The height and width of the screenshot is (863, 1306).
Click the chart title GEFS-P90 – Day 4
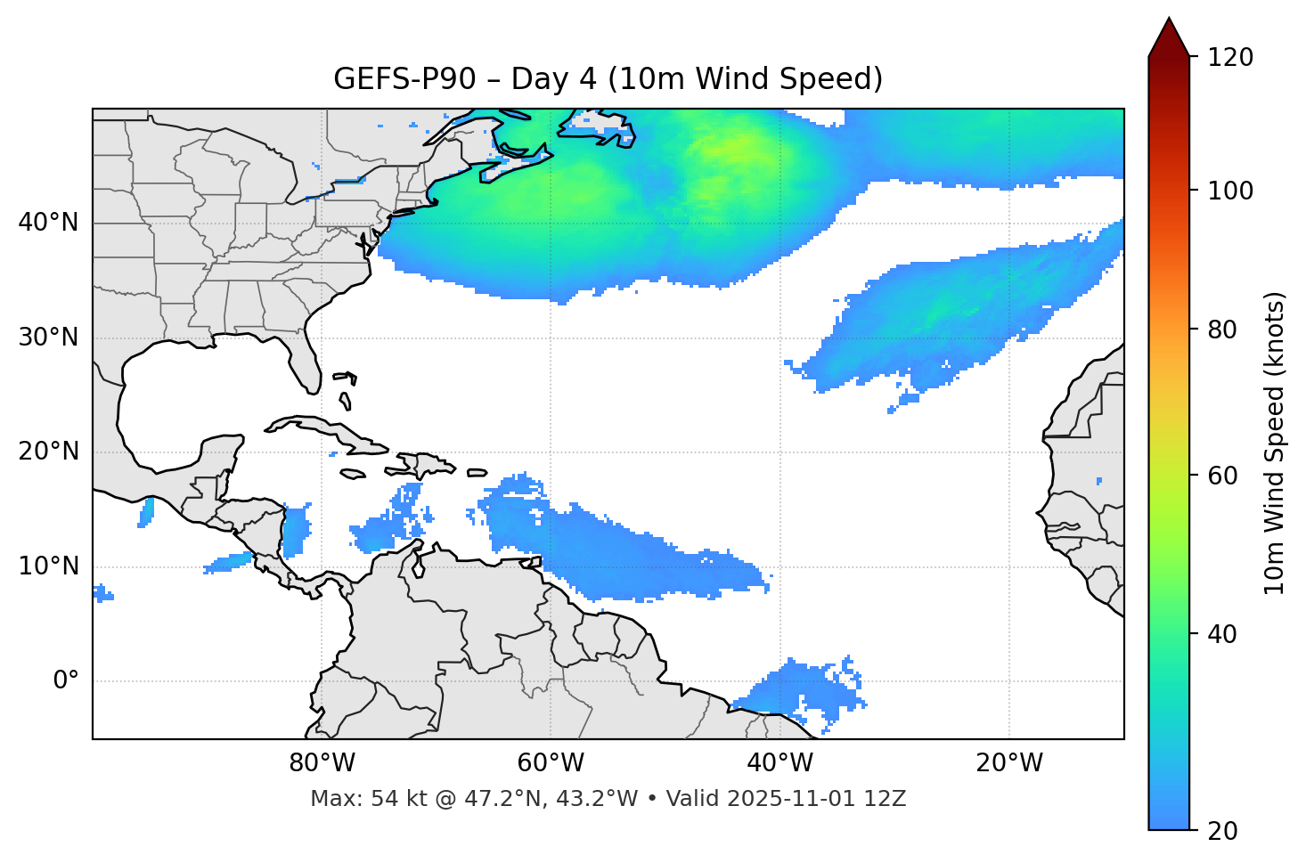click(x=608, y=79)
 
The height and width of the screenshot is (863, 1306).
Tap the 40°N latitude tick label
click(x=48, y=223)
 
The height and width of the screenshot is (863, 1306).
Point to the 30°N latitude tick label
click(x=48, y=338)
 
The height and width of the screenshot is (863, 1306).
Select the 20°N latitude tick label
click(x=48, y=452)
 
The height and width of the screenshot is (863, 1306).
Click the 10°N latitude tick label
click(x=48, y=566)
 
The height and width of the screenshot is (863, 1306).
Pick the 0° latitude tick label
click(x=66, y=681)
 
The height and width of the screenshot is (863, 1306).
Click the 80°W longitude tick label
click(x=322, y=763)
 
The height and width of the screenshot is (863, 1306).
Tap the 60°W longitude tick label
click(x=551, y=763)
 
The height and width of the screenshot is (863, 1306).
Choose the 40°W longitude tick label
click(x=780, y=763)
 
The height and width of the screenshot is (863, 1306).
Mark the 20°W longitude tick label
click(x=1009, y=763)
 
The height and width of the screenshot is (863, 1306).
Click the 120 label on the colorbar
click(x=1229, y=58)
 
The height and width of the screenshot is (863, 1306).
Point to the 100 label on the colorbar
click(x=1229, y=191)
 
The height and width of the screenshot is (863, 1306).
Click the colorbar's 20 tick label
click(x=1223, y=831)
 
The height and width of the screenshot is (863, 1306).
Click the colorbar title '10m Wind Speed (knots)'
click(x=1275, y=443)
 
